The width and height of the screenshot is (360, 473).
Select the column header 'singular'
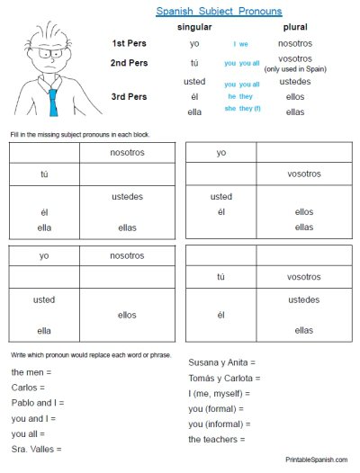click(x=195, y=28)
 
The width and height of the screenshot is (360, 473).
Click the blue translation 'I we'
click(x=241, y=44)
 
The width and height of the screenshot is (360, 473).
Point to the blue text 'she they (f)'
click(x=244, y=112)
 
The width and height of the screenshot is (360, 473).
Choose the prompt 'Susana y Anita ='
click(x=222, y=362)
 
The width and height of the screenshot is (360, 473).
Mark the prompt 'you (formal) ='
click(x=220, y=408)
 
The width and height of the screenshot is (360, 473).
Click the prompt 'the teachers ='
click(x=217, y=439)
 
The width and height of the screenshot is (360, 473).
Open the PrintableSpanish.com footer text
click(x=317, y=460)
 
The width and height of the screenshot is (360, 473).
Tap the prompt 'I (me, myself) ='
click(x=219, y=393)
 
